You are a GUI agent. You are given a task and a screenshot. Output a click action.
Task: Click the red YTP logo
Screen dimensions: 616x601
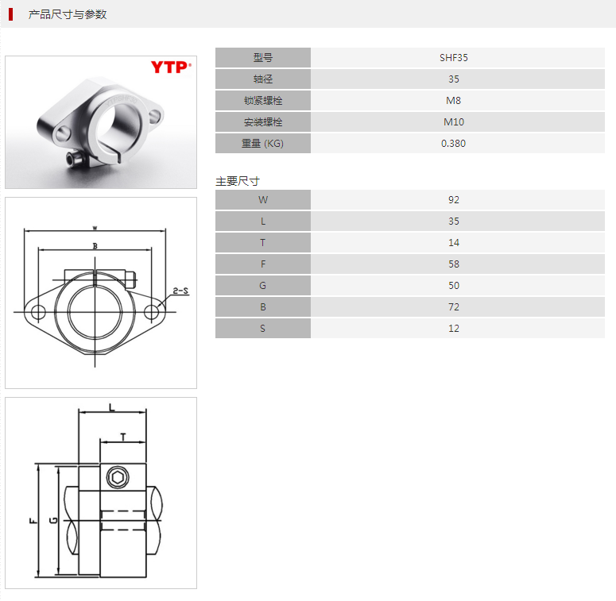click(171, 67)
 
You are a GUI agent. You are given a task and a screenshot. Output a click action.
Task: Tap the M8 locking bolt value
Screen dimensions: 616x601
click(453, 100)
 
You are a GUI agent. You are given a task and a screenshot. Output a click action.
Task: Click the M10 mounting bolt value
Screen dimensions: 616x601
click(453, 122)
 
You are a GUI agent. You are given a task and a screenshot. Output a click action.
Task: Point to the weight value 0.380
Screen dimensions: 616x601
click(453, 143)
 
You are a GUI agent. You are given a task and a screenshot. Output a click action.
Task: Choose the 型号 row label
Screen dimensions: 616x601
click(263, 58)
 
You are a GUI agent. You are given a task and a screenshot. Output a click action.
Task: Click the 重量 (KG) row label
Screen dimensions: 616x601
click(263, 143)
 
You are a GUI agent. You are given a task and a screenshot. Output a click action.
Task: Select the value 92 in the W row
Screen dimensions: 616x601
click(453, 200)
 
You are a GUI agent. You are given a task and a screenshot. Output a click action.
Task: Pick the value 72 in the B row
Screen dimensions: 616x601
click(453, 306)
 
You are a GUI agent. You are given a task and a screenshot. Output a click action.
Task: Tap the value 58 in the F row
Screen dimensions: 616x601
click(453, 264)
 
